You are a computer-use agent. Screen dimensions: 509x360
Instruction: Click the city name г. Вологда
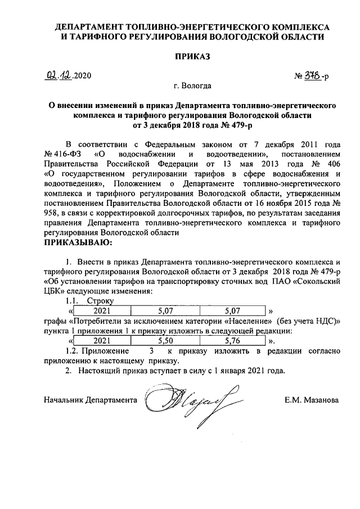point(193,86)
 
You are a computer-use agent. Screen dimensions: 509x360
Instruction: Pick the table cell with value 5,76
point(231,340)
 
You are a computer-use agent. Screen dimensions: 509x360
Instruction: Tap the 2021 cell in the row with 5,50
point(102,340)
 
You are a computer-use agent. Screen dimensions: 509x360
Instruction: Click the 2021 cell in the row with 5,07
point(102,310)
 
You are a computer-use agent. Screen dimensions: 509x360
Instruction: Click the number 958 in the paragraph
point(52,214)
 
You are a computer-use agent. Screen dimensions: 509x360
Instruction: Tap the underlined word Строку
point(101,301)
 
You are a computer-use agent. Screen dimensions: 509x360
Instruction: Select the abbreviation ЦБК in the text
point(54,292)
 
